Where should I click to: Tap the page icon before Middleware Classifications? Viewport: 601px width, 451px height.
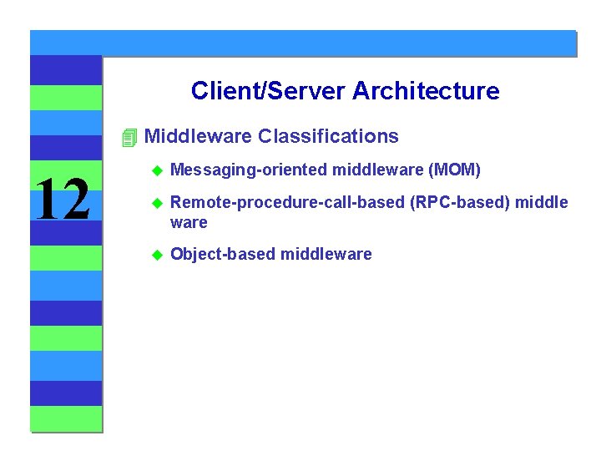pos(128,137)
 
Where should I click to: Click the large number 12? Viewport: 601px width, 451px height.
pos(63,201)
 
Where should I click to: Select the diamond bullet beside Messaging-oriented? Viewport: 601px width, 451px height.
pos(154,171)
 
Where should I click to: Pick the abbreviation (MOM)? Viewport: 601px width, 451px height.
pos(454,171)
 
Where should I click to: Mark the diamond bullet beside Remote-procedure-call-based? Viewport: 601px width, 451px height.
pos(154,203)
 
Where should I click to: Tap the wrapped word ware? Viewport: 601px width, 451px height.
pos(189,223)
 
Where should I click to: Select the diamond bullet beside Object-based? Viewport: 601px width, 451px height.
pos(154,255)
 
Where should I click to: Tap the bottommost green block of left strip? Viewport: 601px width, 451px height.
pos(66,418)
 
